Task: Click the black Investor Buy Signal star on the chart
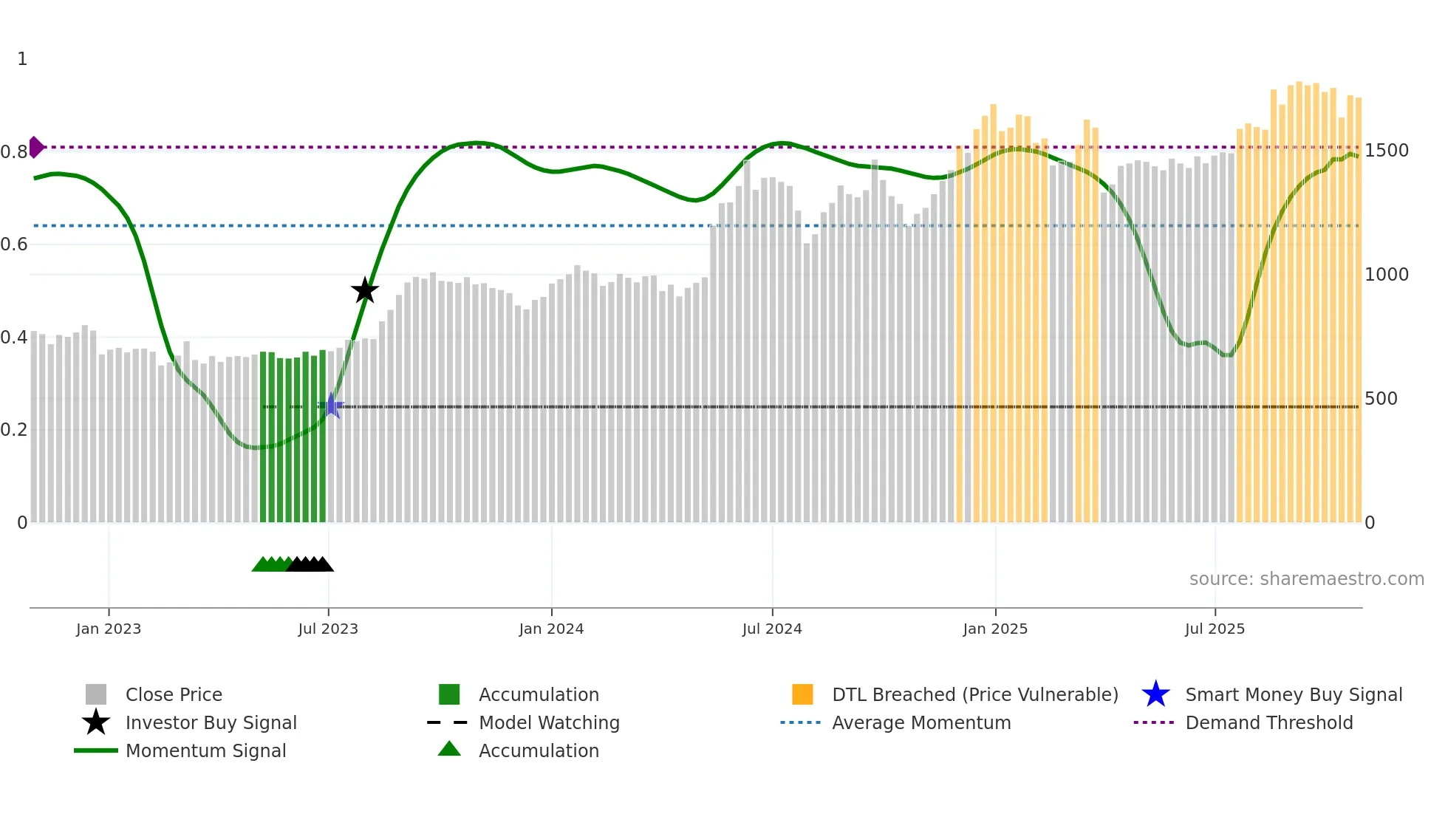[x=364, y=291]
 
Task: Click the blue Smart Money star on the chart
[x=332, y=406]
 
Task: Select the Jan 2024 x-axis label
[x=551, y=629]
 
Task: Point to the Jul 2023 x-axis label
[x=328, y=629]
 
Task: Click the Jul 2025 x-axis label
[x=1215, y=629]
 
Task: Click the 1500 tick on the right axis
[x=1386, y=151]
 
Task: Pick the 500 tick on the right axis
[x=1381, y=399]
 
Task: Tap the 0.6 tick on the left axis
[x=14, y=244]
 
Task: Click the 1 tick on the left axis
[x=22, y=59]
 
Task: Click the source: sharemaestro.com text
[x=1306, y=579]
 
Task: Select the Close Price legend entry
[x=174, y=694]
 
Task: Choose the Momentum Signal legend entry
[x=205, y=750]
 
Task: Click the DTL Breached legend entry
[x=974, y=694]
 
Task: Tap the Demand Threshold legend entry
[x=1268, y=722]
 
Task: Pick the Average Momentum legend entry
[x=921, y=722]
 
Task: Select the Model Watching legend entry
[x=549, y=722]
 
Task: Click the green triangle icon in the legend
[x=449, y=749]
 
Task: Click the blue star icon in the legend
[x=1155, y=694]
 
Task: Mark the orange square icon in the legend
[x=802, y=694]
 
